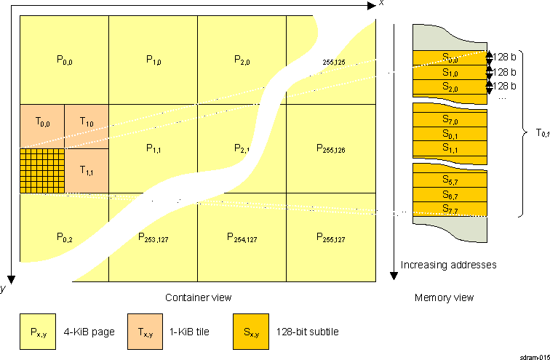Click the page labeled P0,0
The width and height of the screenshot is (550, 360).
point(64,60)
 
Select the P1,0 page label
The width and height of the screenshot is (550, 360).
point(153,60)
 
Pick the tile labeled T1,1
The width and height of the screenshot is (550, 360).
point(87,170)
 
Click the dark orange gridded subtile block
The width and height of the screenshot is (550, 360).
point(42,170)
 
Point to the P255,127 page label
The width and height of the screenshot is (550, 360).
point(330,237)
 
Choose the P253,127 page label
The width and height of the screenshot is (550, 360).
point(153,237)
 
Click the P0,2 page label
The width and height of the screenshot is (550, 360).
point(64,237)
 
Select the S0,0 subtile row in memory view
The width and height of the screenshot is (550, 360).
point(450,58)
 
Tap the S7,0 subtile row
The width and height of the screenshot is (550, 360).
point(450,119)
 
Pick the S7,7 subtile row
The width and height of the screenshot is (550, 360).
point(450,209)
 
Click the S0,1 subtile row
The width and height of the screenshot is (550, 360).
point(450,135)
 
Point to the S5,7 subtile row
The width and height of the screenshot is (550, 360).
point(450,180)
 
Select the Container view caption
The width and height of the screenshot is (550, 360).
point(199,297)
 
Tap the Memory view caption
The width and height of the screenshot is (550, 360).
point(444,297)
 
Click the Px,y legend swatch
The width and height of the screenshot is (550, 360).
point(39,332)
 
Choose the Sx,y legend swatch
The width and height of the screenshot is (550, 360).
point(250,332)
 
